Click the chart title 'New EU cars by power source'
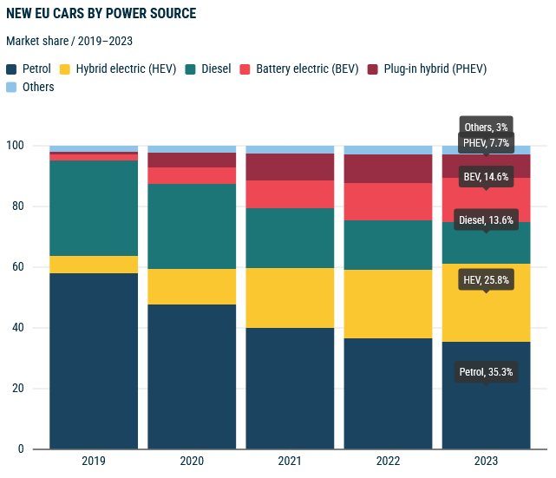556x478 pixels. (x=101, y=14)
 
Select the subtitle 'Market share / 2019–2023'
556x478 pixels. (x=69, y=41)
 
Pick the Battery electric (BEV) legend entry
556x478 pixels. (x=298, y=69)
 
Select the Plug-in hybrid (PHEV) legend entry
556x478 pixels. (x=427, y=69)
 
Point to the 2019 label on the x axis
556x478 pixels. (x=93, y=462)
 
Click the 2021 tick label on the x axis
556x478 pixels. (x=290, y=462)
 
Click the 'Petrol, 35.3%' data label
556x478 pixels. (x=486, y=372)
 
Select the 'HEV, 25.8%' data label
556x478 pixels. (x=486, y=281)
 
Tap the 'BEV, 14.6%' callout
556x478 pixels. (x=486, y=177)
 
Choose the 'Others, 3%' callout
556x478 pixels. (x=486, y=128)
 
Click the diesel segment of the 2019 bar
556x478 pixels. (x=94, y=208)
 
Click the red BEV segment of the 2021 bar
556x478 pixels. (x=290, y=194)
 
